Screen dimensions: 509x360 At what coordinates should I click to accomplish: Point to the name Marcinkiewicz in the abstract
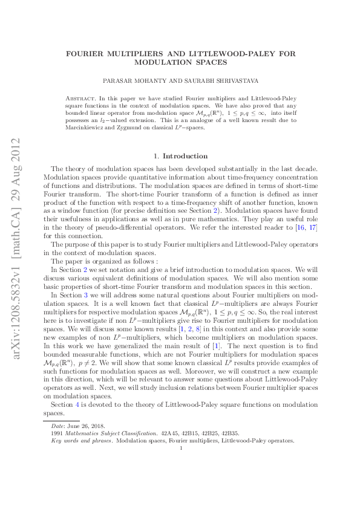coord(83,128)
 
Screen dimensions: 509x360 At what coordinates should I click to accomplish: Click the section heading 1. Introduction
coord(181,156)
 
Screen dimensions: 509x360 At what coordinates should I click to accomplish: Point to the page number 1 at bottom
coord(181,448)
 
